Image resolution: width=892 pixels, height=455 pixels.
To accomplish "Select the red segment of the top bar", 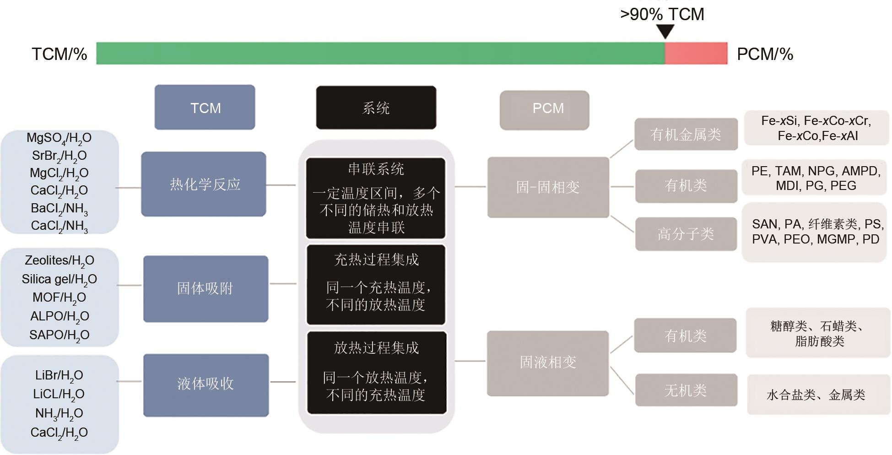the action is pyautogui.click(x=696, y=53).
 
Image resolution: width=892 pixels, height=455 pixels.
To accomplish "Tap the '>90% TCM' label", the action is pyautogui.click(x=662, y=14).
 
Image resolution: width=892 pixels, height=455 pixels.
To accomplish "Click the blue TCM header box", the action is pyautogui.click(x=205, y=107).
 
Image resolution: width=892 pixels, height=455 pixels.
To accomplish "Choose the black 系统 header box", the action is pyautogui.click(x=376, y=108).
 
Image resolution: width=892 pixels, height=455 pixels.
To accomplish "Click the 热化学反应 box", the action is pyautogui.click(x=204, y=184).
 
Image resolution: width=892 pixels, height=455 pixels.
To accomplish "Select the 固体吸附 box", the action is pyautogui.click(x=205, y=288).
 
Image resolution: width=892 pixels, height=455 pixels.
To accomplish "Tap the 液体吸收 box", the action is pyautogui.click(x=206, y=385).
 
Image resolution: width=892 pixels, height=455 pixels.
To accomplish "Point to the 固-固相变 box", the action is pyautogui.click(x=548, y=187).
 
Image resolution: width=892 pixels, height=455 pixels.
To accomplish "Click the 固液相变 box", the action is pyautogui.click(x=548, y=363).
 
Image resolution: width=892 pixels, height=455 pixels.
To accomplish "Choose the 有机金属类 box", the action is pyautogui.click(x=686, y=134).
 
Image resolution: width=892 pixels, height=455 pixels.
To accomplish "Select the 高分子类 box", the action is pyautogui.click(x=686, y=234).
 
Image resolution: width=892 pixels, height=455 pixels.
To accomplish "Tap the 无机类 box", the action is pyautogui.click(x=686, y=390).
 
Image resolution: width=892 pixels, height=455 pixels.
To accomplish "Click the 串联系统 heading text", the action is pyautogui.click(x=376, y=169).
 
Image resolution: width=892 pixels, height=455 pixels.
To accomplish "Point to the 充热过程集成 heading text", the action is pyautogui.click(x=376, y=260).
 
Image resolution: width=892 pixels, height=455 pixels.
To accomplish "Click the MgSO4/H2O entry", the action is pyautogui.click(x=59, y=138).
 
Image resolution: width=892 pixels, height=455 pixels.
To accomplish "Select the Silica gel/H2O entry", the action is pyautogui.click(x=59, y=280).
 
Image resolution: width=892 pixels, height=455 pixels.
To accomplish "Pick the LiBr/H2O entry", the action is pyautogui.click(x=59, y=376).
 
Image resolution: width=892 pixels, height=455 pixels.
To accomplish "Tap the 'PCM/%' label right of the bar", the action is pyautogui.click(x=765, y=54).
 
